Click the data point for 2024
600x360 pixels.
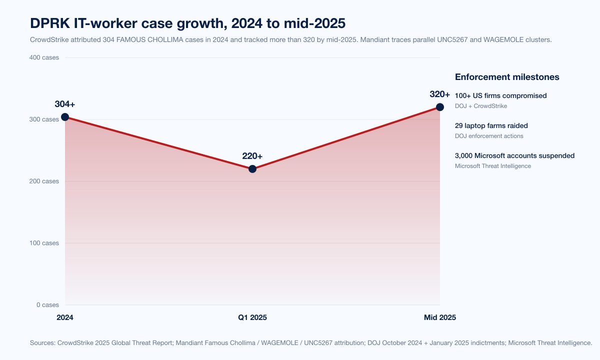[65, 117]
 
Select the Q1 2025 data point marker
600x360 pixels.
[252, 169]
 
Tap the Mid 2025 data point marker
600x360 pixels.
[440, 107]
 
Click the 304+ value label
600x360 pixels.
[65, 104]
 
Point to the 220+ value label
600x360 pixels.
[252, 156]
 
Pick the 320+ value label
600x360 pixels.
[440, 94]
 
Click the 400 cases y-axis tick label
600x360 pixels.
[43, 57]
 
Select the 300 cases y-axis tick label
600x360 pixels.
[43, 119]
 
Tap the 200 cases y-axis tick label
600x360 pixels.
[43, 181]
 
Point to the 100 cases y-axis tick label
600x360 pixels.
[43, 243]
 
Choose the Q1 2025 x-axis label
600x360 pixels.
[252, 317]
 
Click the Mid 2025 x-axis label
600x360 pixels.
[440, 317]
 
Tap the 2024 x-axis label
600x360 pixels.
[65, 317]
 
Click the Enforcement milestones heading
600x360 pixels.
[507, 77]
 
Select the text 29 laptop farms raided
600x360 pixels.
[491, 125]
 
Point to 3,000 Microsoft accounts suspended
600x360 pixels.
[514, 155]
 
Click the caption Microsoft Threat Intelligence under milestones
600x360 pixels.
[493, 166]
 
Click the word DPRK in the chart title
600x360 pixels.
[48, 23]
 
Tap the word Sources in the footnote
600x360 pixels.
[42, 343]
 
